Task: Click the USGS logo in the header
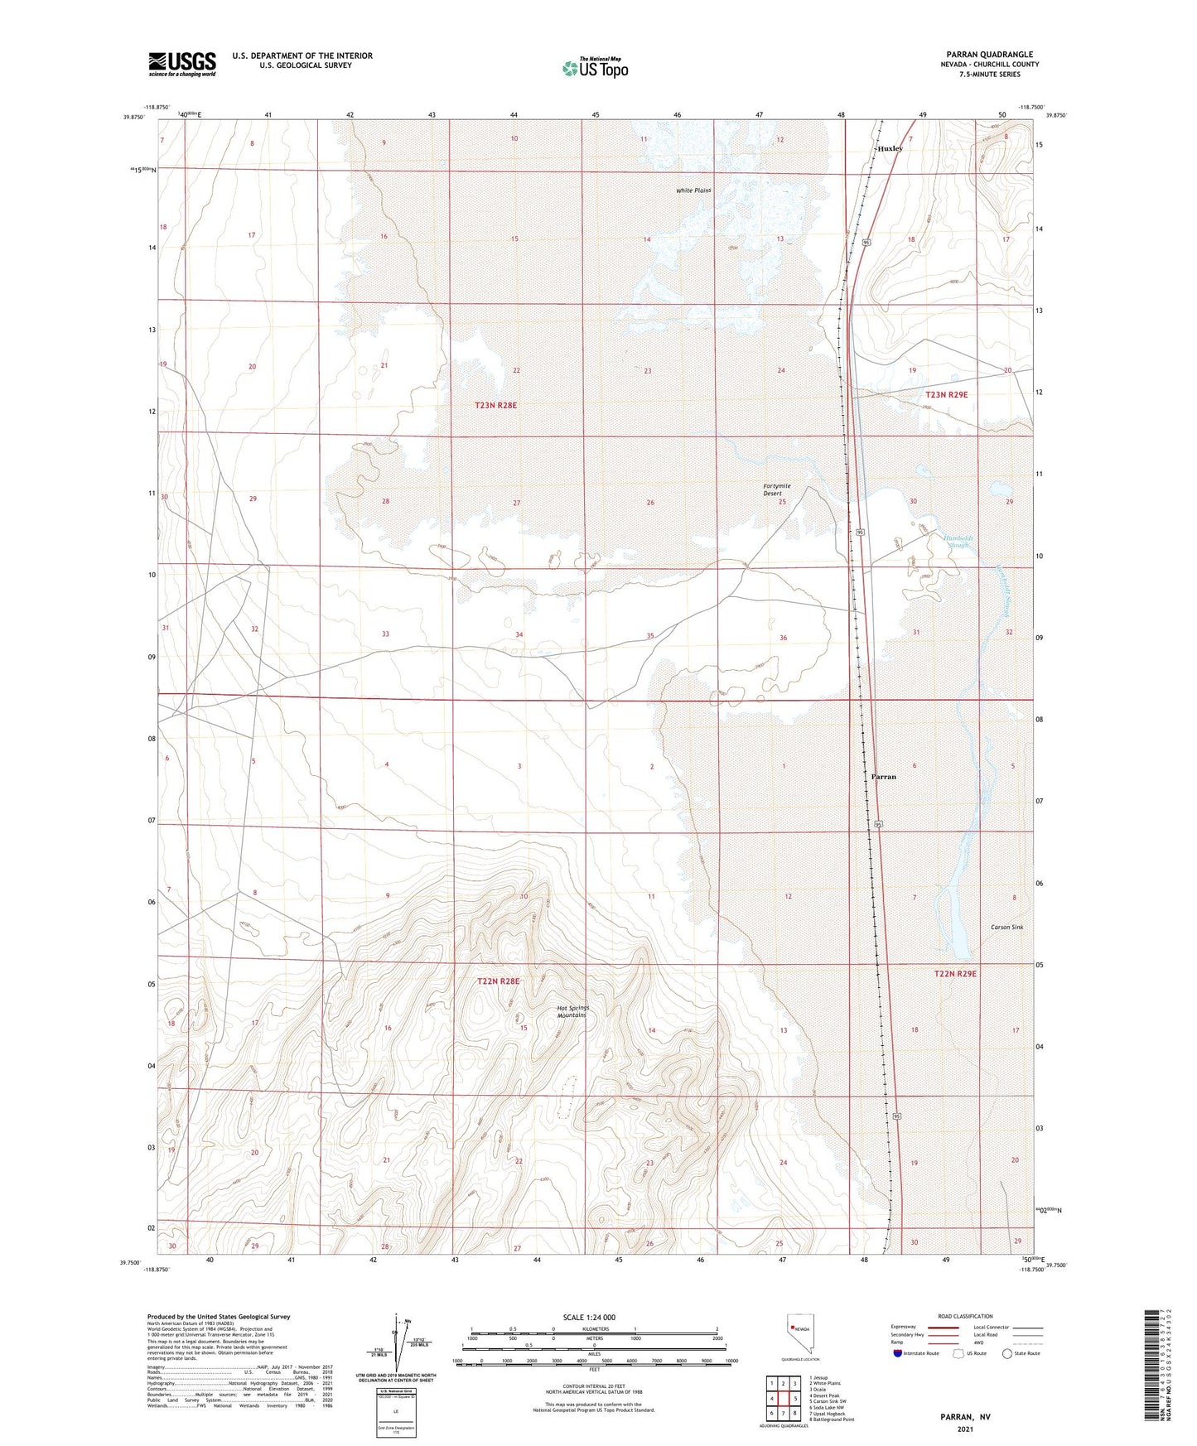click(x=182, y=64)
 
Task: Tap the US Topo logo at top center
click(x=595, y=68)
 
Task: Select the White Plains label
click(x=693, y=190)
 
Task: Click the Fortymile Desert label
click(x=776, y=489)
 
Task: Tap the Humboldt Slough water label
click(x=958, y=541)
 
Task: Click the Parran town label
click(x=883, y=777)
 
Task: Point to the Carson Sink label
click(x=1006, y=927)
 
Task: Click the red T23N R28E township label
click(x=496, y=405)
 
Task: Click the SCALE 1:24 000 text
click(x=589, y=1317)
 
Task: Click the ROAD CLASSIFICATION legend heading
click(x=965, y=1316)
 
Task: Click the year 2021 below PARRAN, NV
click(x=965, y=1429)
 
